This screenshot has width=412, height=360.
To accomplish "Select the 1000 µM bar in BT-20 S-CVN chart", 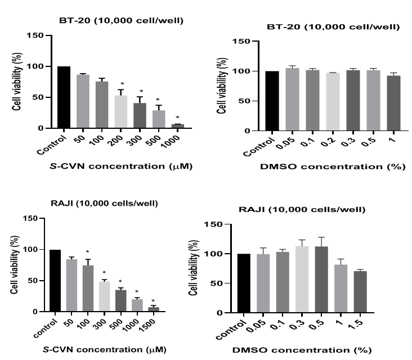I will point(178,126).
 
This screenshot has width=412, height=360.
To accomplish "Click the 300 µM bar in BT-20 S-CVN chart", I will point(140,116).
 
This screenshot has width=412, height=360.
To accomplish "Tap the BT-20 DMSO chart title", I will point(333,26).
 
